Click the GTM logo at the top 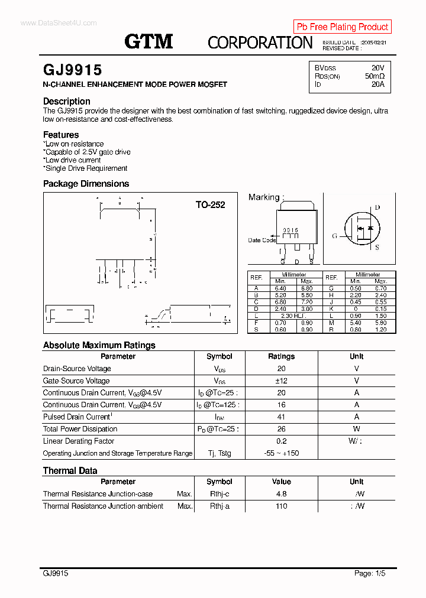pos(149,41)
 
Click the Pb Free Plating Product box pos(342,27)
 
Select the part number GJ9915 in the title pos(72,70)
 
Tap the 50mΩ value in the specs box pos(375,76)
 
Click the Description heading pos(66,101)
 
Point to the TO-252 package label pos(211,205)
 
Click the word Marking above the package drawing pos(264,197)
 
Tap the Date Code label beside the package pos(262,240)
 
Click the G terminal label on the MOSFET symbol pos(334,236)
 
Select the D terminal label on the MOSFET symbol pos(377,207)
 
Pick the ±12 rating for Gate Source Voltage pos(281,381)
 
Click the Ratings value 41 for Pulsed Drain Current pos(281,417)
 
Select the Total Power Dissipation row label pos(80,429)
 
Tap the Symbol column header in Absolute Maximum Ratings pos(219,356)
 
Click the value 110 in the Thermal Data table pos(281,506)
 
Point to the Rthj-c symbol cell pos(219,494)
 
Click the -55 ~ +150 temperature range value pos(281,453)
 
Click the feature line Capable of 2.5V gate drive pos(88,152)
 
